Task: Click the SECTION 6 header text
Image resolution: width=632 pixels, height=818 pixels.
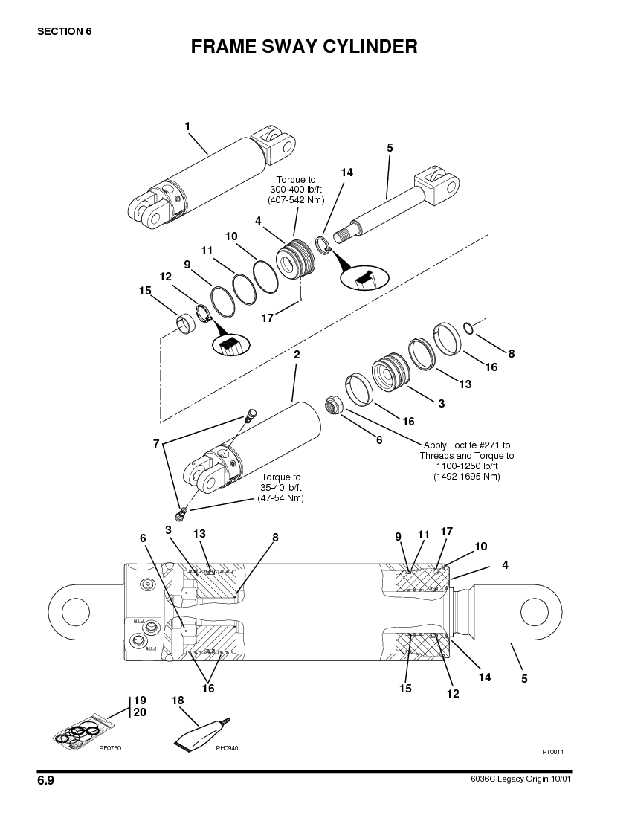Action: (x=64, y=31)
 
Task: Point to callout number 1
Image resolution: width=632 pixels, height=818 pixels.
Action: (x=187, y=126)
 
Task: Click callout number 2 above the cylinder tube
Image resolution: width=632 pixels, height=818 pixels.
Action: (x=297, y=355)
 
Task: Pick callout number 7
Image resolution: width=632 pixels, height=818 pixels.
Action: (x=156, y=444)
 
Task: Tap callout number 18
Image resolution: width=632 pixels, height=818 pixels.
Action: (x=178, y=701)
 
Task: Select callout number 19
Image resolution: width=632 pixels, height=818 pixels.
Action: (x=140, y=701)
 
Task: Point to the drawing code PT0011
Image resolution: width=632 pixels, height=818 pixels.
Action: (x=552, y=752)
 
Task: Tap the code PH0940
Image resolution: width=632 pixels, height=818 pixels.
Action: (x=227, y=747)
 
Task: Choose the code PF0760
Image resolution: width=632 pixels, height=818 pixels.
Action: (x=110, y=747)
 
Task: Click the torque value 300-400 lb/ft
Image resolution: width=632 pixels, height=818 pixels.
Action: (x=296, y=190)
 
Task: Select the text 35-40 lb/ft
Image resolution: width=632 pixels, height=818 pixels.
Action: (x=280, y=487)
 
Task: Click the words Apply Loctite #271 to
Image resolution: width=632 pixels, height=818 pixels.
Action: (x=467, y=445)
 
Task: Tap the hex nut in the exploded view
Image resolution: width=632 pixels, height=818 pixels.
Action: (x=333, y=406)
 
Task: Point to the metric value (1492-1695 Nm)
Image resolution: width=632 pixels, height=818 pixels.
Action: (x=467, y=476)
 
